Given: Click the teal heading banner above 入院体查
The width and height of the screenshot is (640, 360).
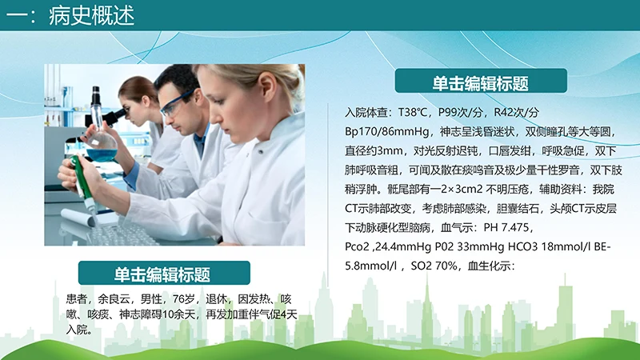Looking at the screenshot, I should click(481, 82).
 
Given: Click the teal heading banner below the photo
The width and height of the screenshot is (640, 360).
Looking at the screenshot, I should click(162, 274).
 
